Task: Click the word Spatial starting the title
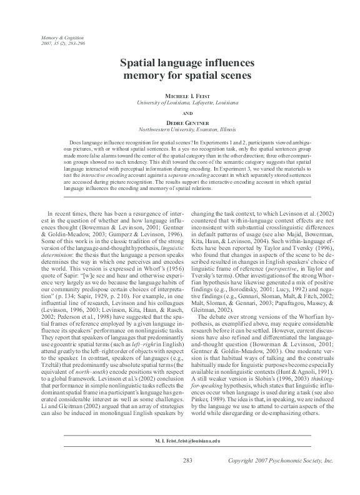coord(138,64)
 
